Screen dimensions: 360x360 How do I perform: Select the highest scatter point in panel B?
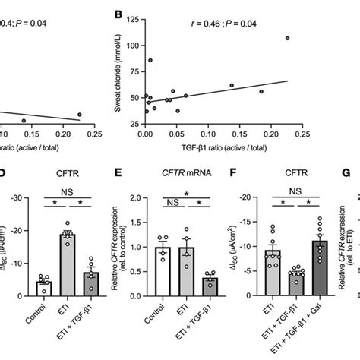coord(287,38)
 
